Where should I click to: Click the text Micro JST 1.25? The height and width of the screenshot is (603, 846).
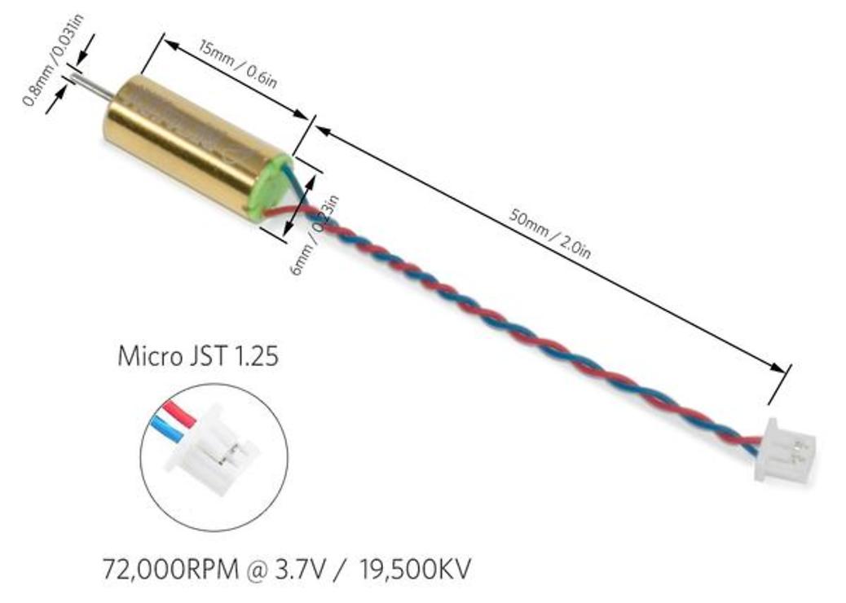click(198, 356)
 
